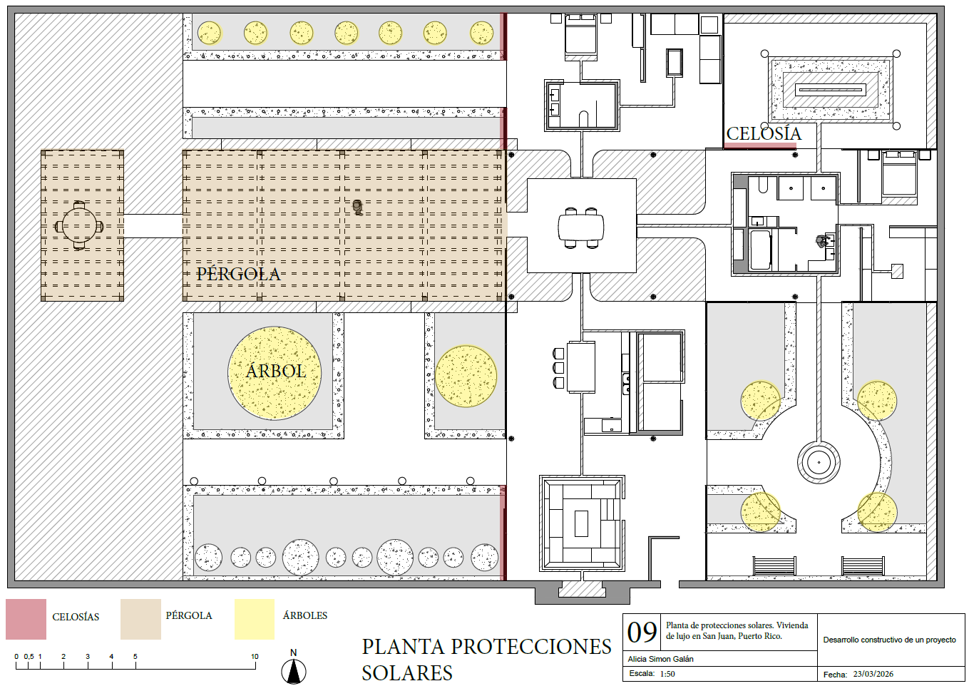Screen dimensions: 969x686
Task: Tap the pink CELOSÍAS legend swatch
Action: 26,619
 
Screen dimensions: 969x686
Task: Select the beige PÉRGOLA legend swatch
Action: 140,619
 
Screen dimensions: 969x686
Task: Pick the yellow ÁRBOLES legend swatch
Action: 255,619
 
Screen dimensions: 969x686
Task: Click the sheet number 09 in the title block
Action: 642,632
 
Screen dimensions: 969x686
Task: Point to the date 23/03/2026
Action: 873,674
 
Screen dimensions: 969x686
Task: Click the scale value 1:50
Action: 667,673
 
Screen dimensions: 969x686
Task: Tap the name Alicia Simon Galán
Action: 660,659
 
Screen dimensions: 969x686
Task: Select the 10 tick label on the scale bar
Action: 255,656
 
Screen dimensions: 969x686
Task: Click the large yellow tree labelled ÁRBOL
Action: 275,373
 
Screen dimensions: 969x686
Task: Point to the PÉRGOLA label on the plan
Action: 238,274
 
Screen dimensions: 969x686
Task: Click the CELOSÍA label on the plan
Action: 764,133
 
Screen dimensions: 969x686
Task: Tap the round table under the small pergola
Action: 79,225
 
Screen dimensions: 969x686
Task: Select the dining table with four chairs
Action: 581,227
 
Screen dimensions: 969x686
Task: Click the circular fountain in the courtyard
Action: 819,462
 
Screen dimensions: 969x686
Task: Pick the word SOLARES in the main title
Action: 407,673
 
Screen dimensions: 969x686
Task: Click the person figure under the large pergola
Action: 357,208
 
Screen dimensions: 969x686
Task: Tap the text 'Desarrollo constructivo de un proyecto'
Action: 889,640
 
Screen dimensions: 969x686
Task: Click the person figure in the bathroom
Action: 821,241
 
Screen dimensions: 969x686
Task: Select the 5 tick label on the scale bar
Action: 135,656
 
